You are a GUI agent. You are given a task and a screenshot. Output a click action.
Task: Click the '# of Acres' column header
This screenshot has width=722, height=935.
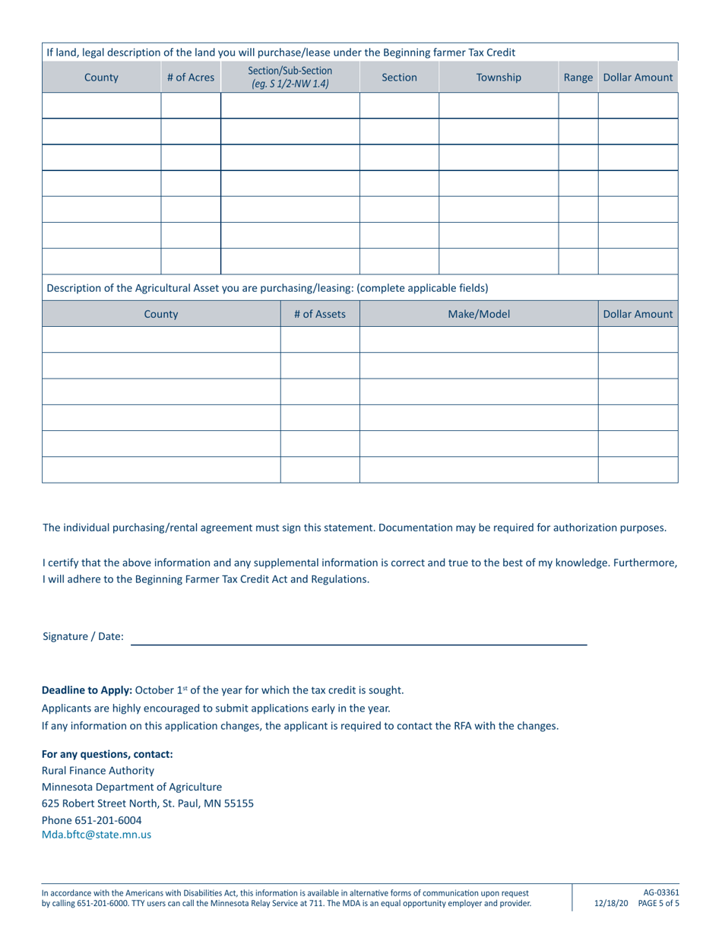click(191, 78)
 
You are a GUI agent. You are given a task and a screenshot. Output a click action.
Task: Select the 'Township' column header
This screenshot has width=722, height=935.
click(499, 78)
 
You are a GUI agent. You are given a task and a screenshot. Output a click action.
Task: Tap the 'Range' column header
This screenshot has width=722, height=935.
click(578, 78)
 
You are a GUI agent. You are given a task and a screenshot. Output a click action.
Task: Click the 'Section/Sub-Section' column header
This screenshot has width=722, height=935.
click(290, 71)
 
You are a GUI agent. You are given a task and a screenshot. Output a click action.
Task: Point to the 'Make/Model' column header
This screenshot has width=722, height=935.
click(479, 313)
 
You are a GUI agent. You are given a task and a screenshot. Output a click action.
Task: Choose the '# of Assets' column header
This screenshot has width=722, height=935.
click(320, 313)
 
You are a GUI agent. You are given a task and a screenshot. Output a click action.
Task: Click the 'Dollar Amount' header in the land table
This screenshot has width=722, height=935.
click(638, 78)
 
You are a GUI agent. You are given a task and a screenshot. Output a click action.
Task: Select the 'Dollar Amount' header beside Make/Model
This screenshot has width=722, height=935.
click(638, 313)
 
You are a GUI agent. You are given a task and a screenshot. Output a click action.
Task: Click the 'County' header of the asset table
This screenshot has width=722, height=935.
click(161, 313)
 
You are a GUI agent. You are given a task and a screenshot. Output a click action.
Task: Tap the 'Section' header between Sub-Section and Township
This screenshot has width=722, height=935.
click(399, 78)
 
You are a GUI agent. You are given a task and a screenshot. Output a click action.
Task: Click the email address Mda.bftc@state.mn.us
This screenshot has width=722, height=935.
click(97, 834)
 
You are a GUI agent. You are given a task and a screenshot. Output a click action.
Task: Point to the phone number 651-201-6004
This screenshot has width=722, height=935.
click(108, 819)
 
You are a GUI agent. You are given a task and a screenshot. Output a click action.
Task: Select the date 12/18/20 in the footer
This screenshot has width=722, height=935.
click(610, 903)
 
